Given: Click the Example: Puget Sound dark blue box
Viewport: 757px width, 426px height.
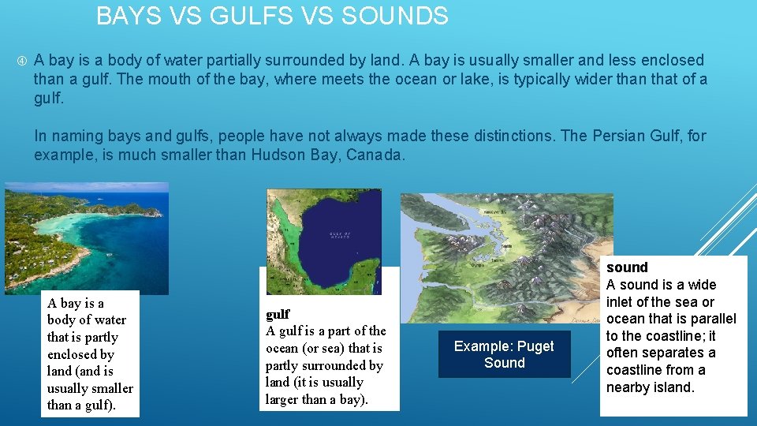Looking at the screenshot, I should coord(504,355).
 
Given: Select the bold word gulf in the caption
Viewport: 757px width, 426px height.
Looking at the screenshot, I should coord(278,314).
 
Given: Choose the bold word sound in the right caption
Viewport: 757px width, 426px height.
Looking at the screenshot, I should coord(627,267).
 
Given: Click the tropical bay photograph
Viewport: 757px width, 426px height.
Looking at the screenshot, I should coord(86,237).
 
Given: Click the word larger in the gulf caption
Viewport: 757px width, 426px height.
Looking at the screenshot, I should coord(282,399).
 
